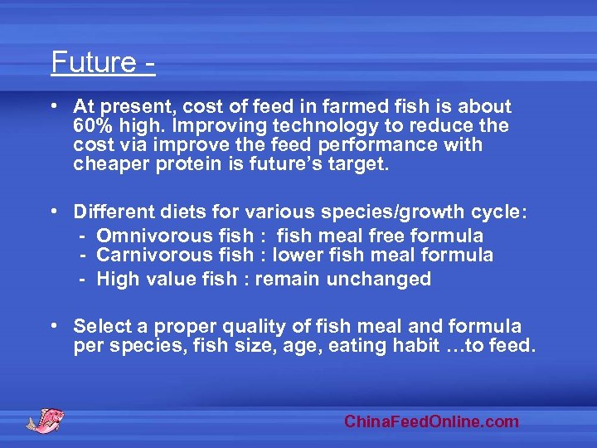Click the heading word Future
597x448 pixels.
[92, 63]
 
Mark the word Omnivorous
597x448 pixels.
[147, 236]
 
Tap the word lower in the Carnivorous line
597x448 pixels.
[297, 256]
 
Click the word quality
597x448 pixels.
[235, 327]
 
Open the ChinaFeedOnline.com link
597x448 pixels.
[431, 421]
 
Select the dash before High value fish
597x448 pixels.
[84, 279]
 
